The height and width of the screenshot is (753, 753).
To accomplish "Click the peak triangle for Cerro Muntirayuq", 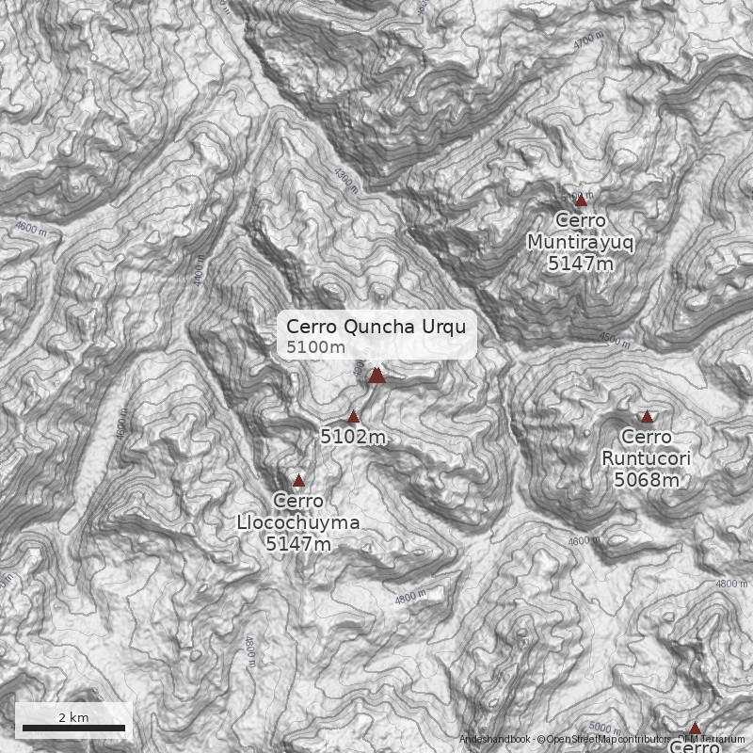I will (x=581, y=200).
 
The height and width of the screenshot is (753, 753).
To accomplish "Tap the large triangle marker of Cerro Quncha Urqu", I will (x=376, y=375).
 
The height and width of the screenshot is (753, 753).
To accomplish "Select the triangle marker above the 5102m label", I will (x=354, y=416).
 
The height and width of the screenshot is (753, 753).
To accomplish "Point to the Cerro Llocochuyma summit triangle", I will (x=299, y=480).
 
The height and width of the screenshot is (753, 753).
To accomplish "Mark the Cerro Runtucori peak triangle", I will (x=647, y=416).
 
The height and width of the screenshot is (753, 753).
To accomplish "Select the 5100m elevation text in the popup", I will (x=315, y=348).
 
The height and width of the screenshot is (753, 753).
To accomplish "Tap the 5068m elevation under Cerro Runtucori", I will (x=647, y=480).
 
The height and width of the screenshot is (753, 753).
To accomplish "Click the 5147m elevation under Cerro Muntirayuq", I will (x=580, y=264).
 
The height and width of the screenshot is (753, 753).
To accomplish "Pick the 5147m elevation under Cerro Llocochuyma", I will (x=298, y=544).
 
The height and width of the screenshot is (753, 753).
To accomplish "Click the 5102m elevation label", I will (x=353, y=437).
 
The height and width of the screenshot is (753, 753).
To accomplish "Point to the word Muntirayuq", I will (x=581, y=242).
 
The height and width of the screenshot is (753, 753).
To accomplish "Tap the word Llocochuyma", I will (x=298, y=522).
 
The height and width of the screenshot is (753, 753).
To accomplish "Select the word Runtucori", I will (x=647, y=458).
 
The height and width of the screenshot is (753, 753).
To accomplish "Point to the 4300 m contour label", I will (x=346, y=180).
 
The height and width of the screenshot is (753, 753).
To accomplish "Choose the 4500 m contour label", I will (x=613, y=339).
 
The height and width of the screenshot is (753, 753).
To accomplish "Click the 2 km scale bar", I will (x=73, y=727).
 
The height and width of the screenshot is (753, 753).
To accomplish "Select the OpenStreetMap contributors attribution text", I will (x=602, y=740).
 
